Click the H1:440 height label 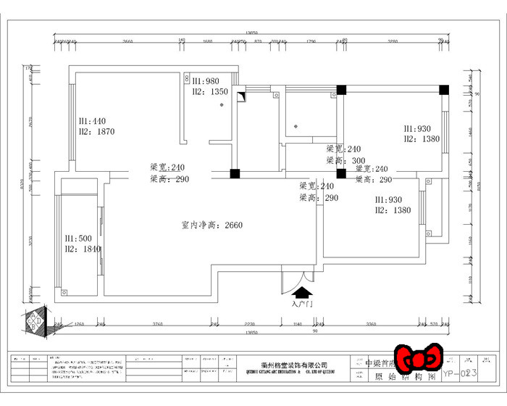pyautogui.click(x=92, y=120)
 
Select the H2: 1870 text pyautogui.click(x=97, y=131)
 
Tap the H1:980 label pyautogui.click(x=206, y=81)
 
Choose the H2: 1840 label pyautogui.click(x=83, y=249)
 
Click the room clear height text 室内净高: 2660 pyautogui.click(x=211, y=225)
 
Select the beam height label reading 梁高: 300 pyautogui.click(x=344, y=160)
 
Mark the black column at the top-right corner pyautogui.click(x=444, y=90)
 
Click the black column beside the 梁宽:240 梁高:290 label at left pyautogui.click(x=235, y=174)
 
